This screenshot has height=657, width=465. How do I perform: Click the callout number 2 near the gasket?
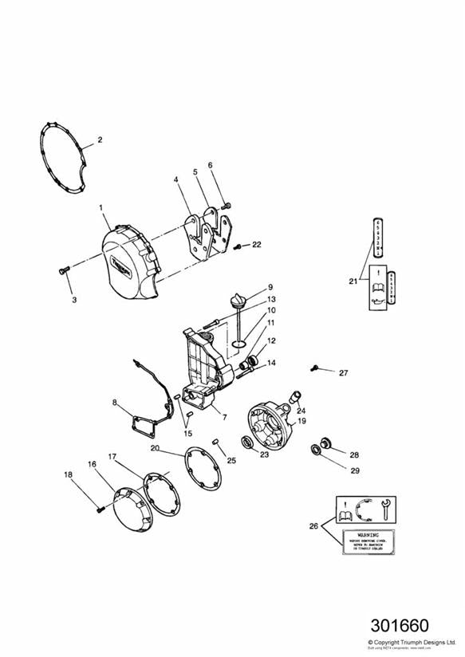point(100,140)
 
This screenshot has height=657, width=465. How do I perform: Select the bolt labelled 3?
point(65,273)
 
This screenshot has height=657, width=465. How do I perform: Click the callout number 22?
point(256,245)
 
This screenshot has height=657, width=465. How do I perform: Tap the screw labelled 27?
point(316,368)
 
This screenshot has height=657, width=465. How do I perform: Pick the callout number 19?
point(302,419)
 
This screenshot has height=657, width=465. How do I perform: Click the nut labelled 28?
point(325,442)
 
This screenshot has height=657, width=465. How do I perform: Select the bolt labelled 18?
point(100,507)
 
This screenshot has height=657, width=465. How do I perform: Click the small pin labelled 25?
point(216,442)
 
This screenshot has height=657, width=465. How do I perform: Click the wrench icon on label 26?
point(386,505)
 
